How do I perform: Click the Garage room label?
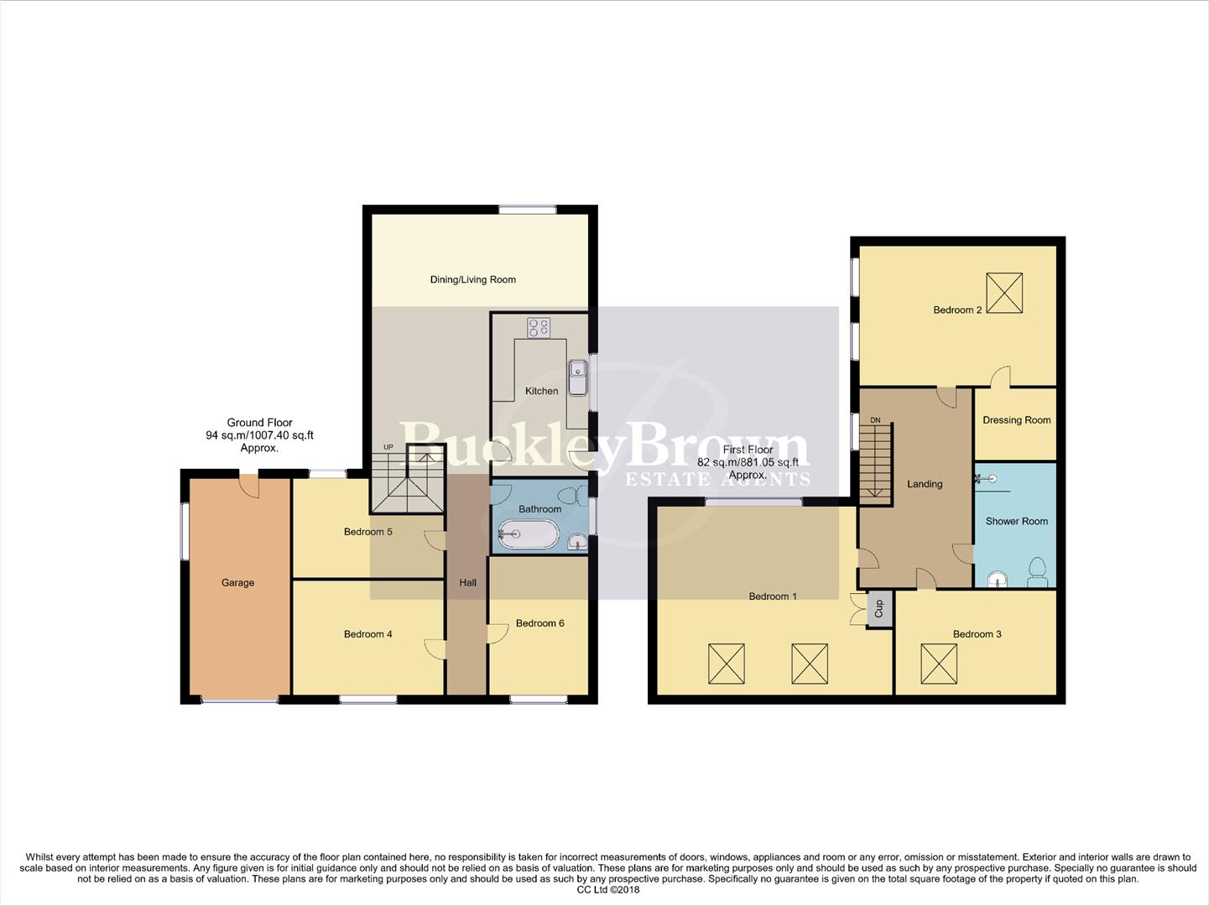coord(237,582)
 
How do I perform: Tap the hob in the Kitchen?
coord(538,327)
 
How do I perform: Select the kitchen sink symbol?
coord(577,377)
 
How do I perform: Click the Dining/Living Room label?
coord(472,279)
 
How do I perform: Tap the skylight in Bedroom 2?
coord(1004,293)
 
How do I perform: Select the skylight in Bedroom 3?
coord(939,663)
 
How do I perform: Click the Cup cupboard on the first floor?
coord(879,608)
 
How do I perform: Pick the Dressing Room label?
coord(1016,420)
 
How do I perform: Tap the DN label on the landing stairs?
coord(875,420)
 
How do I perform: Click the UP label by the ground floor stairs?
coord(388,447)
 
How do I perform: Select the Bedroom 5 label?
coord(367,531)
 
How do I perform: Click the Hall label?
coord(467,582)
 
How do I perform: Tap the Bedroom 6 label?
coord(539,623)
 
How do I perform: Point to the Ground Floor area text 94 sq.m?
coord(259,435)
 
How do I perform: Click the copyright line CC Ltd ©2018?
coord(608,890)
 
